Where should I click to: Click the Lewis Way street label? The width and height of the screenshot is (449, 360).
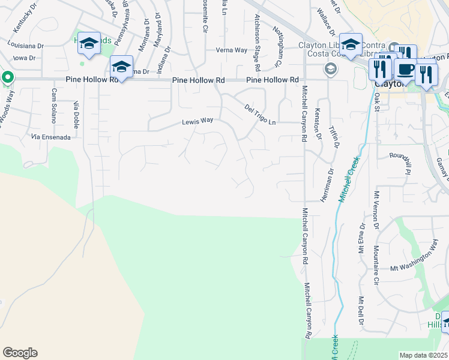[x=198, y=121]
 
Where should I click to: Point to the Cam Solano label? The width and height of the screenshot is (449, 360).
[x=53, y=105]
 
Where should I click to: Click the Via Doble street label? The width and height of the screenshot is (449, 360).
[x=76, y=112]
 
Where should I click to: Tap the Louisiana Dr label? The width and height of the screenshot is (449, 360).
[x=26, y=45]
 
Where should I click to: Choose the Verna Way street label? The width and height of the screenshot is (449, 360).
[x=232, y=50]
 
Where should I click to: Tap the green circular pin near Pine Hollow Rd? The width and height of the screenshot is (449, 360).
[x=7, y=77]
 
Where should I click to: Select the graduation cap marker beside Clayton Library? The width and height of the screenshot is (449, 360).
[x=351, y=45]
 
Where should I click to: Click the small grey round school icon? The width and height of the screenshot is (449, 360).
[x=330, y=69]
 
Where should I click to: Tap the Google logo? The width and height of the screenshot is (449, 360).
[x=20, y=353]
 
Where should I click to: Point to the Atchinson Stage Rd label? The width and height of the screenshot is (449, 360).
[x=257, y=35]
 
